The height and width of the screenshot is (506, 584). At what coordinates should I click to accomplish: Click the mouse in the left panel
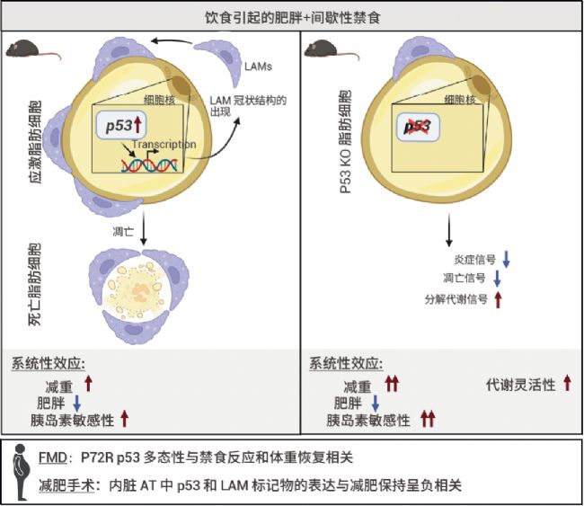click(x=33, y=51)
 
